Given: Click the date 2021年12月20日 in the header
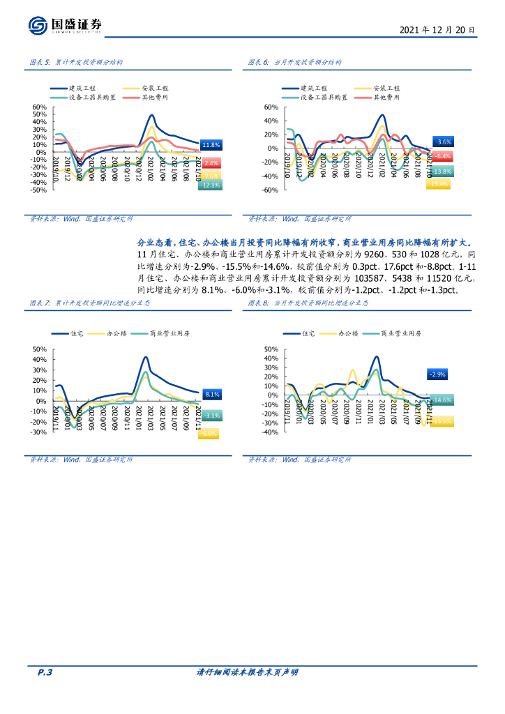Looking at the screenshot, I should [x=437, y=31].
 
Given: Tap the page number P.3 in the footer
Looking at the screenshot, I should [x=45, y=672].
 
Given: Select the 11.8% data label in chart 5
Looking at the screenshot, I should [x=210, y=145].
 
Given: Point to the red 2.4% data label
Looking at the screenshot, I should [x=211, y=162].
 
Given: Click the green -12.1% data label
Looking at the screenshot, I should [x=210, y=185].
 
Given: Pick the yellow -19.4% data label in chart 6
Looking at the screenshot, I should [x=439, y=183].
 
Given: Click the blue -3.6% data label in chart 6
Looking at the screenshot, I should [x=442, y=142].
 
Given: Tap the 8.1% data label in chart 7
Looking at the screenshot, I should [x=213, y=394].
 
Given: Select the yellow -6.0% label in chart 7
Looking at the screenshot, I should [x=208, y=434].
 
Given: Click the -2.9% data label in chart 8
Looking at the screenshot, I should [x=438, y=374].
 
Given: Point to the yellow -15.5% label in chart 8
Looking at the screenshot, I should [x=442, y=421].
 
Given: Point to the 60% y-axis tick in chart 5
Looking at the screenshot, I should [x=39, y=107].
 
